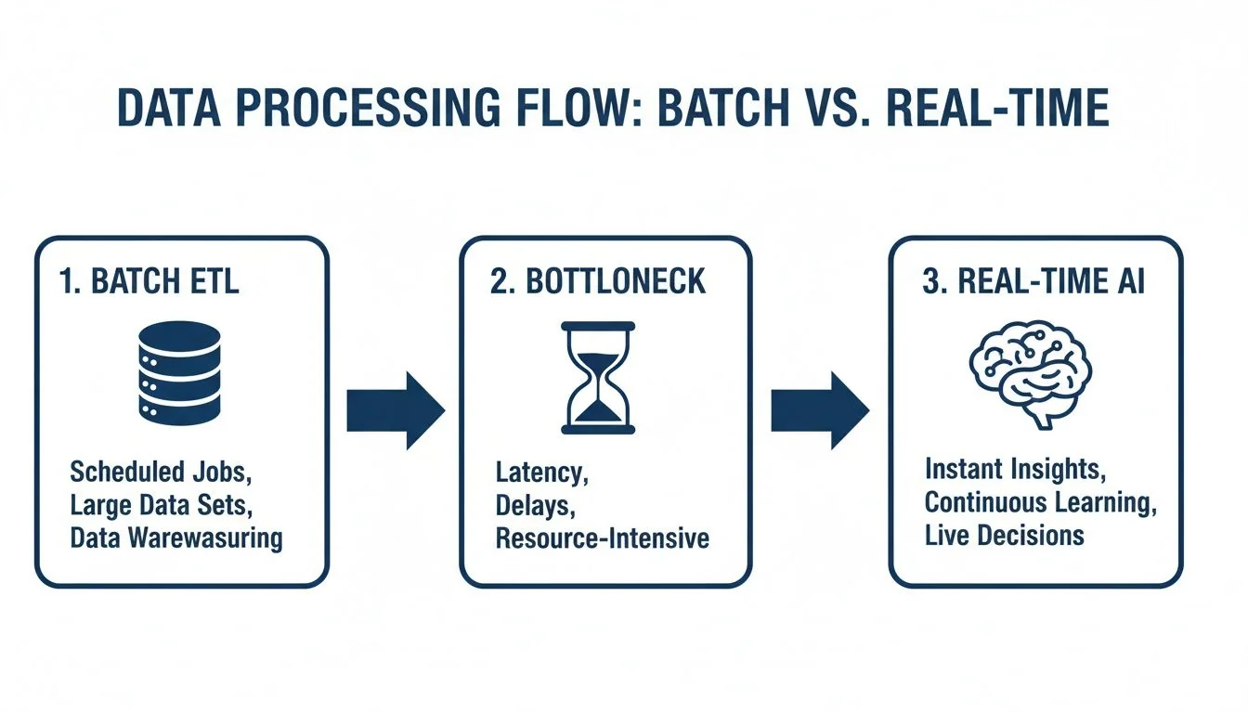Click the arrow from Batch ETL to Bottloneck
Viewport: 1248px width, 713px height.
click(x=396, y=410)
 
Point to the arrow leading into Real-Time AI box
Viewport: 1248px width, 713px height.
click(x=819, y=410)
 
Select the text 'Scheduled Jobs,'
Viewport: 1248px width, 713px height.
click(x=161, y=472)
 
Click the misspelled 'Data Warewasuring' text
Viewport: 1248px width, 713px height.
click(x=176, y=538)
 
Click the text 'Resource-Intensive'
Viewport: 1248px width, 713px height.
click(x=602, y=538)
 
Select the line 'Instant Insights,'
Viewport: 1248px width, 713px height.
click(x=1014, y=470)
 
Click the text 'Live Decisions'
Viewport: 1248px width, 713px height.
click(x=1004, y=536)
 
